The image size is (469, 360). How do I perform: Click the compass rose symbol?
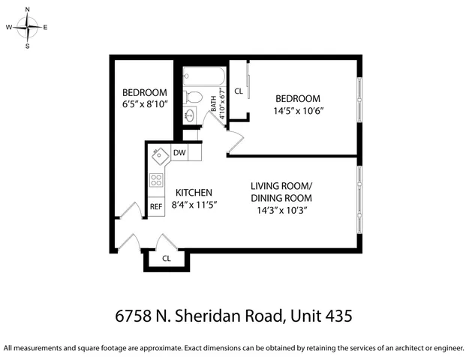[x=28, y=28]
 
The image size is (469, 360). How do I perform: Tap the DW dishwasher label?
[x=179, y=153]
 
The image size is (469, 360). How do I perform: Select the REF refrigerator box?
[x=156, y=206]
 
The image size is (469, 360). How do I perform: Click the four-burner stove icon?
[x=156, y=180]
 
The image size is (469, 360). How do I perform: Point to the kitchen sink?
[x=158, y=154]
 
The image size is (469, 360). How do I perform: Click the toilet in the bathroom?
[x=194, y=96]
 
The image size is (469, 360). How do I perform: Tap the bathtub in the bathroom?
[x=203, y=76]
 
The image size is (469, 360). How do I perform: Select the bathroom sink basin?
[x=191, y=116]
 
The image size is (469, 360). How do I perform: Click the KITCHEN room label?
[x=194, y=192]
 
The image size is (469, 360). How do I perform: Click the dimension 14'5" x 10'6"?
[x=298, y=110]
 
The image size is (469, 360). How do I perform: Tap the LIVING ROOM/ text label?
[x=281, y=186]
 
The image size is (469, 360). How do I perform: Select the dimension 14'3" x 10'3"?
[x=281, y=210]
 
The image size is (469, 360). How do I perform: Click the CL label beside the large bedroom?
[x=239, y=91]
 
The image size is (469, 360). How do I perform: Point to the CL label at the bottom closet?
[x=166, y=259]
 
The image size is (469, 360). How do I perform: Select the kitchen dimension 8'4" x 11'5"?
[x=194, y=204]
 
